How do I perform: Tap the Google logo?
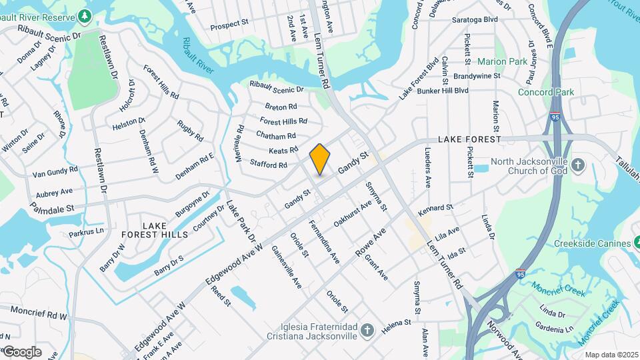coord(22,352)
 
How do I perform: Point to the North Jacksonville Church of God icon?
coord(577,163)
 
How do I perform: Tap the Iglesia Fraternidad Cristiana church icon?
coord(367,330)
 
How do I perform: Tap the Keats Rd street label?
coord(284,149)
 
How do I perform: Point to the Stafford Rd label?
coord(268,164)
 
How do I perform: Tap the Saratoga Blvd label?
coord(475,20)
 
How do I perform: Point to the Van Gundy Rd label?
coord(55,172)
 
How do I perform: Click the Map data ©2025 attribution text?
coord(611,355)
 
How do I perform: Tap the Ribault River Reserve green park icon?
coord(85,15)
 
